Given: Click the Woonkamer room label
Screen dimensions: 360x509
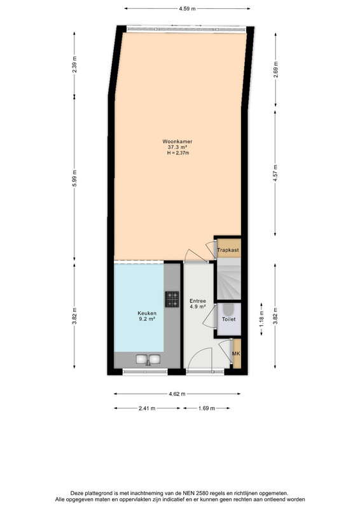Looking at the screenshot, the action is click(177, 141).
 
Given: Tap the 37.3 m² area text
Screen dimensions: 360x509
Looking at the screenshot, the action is click(177, 147).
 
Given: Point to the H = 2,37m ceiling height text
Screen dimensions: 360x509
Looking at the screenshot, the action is click(178, 153).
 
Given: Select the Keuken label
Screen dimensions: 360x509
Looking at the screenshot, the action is click(147, 313).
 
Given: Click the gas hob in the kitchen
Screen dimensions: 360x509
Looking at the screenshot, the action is click(172, 299).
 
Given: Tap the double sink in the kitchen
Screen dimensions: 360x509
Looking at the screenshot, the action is click(148, 359).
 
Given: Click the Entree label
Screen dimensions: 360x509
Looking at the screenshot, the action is click(198, 301).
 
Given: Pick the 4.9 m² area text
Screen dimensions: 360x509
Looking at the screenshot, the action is click(198, 307).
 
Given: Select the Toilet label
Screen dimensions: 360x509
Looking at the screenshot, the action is click(228, 319).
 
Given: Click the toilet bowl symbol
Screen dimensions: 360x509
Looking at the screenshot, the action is click(228, 310).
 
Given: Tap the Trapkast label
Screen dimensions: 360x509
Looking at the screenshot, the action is click(228, 250).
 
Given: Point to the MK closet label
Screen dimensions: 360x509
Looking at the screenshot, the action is click(236, 354).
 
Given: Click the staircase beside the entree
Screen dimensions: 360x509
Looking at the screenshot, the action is click(229, 279).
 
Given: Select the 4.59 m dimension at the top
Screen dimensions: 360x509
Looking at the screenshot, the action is click(187, 9).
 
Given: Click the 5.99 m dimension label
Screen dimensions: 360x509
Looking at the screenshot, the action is click(74, 178).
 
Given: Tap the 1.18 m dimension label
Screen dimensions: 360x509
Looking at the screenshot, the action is click(261, 319).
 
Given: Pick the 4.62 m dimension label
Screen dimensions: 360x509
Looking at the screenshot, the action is click(177, 394).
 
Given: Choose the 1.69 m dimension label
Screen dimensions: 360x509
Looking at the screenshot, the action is click(207, 408).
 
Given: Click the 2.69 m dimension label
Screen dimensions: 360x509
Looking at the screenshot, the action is click(275, 69).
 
